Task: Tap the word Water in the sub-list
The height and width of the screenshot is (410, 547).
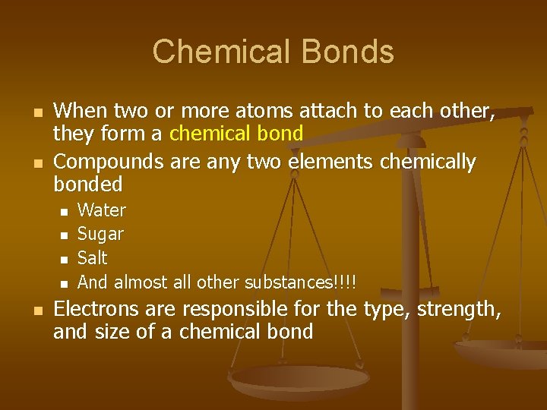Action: point(102,210)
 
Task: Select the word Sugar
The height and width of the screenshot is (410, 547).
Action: point(100,234)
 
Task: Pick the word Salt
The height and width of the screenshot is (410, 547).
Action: point(93,258)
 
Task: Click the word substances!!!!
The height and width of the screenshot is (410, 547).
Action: point(300,282)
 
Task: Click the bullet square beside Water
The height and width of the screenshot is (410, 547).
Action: point(65,210)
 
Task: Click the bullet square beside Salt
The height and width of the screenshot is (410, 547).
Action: point(65,259)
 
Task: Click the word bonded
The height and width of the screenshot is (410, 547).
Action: point(87,184)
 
